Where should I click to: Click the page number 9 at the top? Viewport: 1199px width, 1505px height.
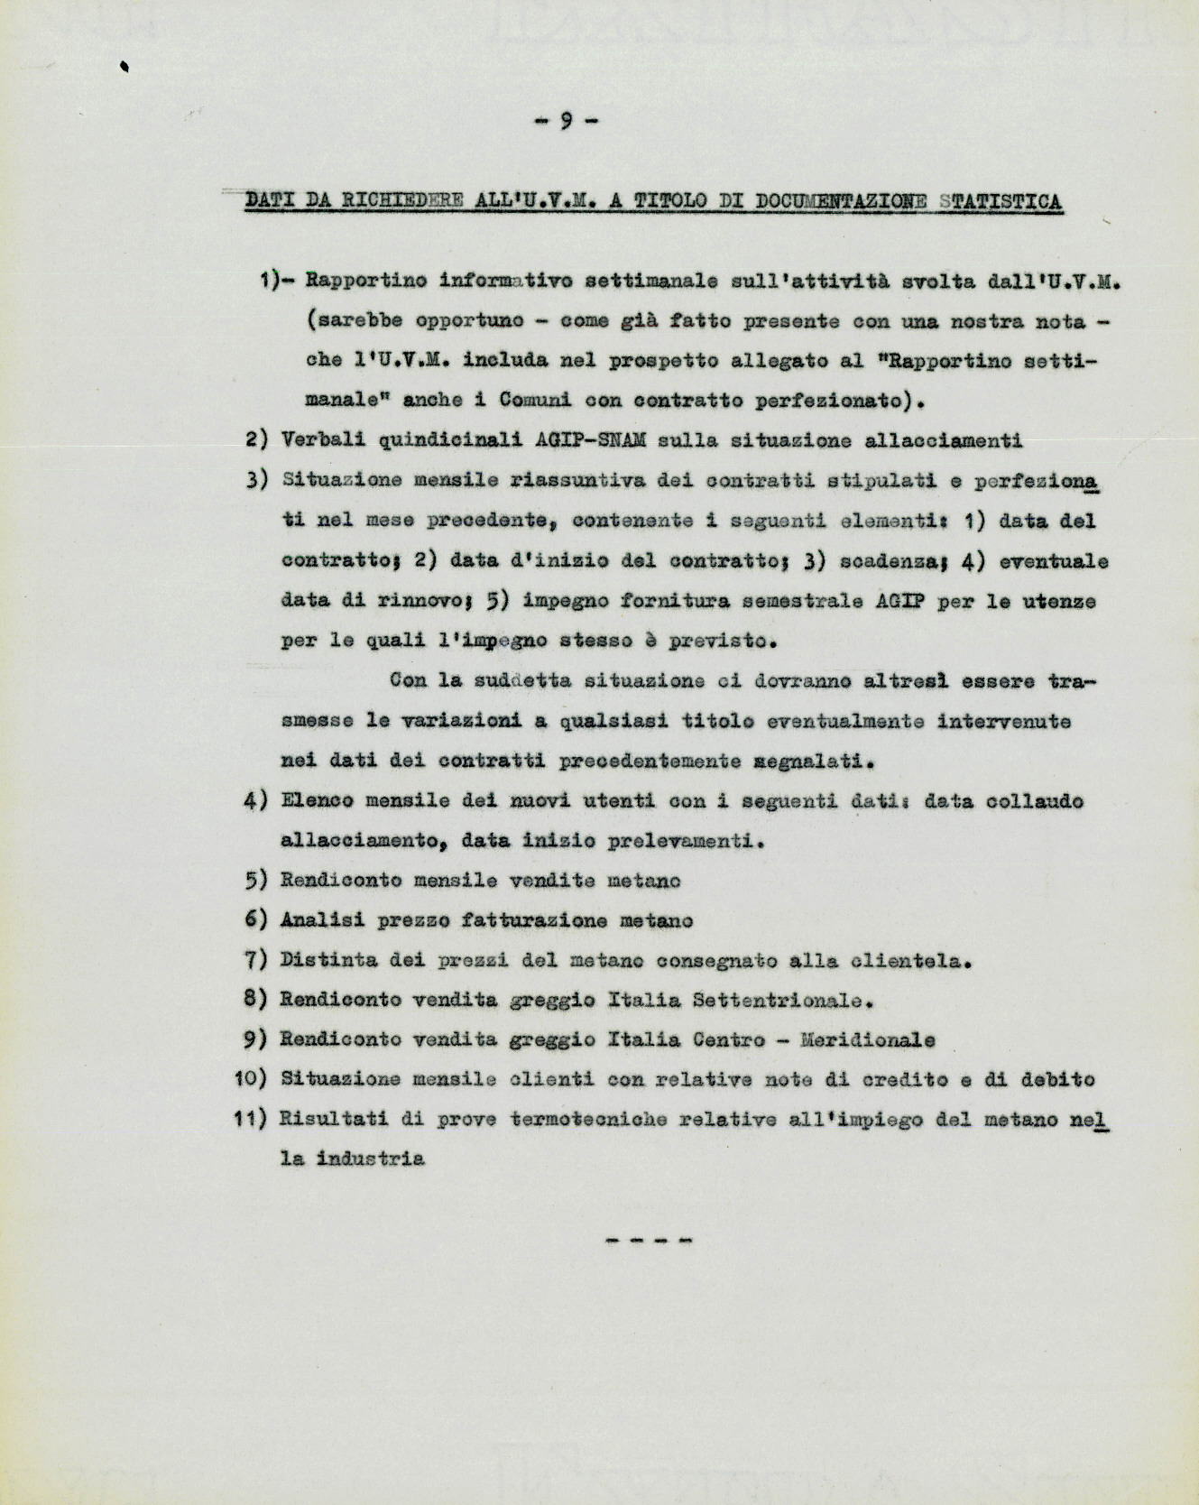tap(567, 120)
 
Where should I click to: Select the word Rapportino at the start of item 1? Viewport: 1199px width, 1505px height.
tap(366, 281)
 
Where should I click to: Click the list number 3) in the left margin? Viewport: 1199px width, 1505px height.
tap(257, 480)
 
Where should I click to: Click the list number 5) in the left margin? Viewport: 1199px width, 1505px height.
tap(257, 881)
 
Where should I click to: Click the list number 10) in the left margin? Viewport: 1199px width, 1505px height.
tap(251, 1079)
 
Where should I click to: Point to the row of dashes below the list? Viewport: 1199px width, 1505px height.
tap(648, 1242)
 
